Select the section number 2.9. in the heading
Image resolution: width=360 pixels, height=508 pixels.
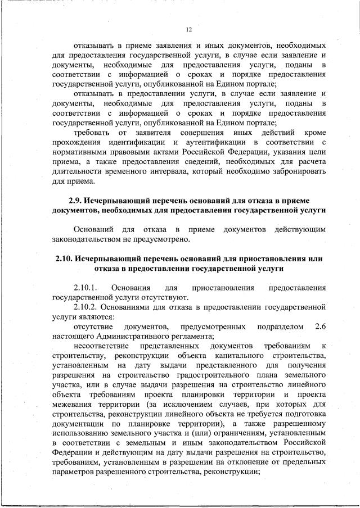76,201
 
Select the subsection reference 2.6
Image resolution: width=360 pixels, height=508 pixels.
321,326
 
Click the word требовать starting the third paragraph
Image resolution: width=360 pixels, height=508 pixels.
92,133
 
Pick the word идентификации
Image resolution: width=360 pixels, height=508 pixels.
128,142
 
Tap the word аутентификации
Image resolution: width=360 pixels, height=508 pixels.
218,142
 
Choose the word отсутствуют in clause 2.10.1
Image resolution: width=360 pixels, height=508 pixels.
168,298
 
